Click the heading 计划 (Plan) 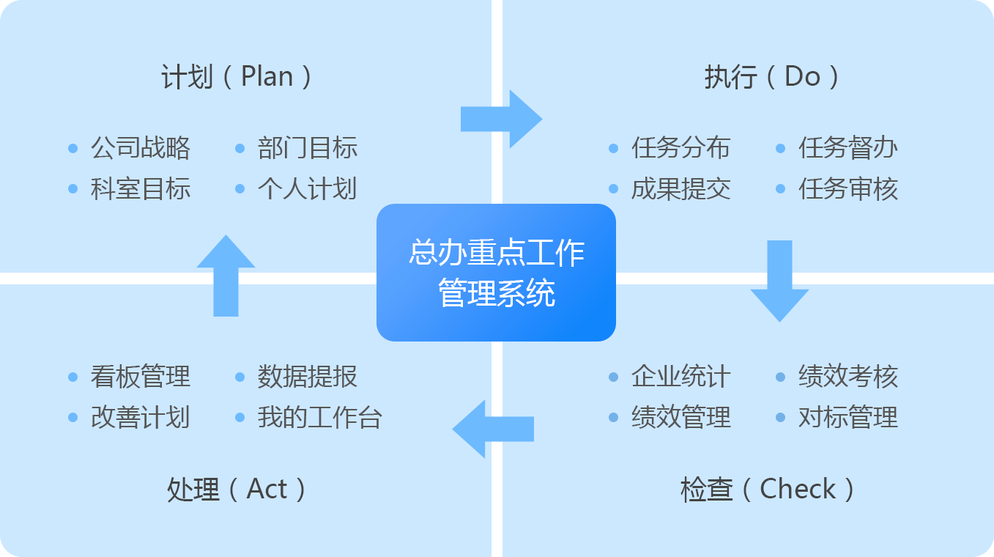236,76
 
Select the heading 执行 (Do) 771,76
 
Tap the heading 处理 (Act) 236,489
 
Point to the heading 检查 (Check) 767,489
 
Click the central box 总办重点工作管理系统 496,273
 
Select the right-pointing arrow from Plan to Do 502,119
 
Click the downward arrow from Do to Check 779,281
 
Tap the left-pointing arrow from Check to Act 493,429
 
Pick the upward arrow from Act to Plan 226,276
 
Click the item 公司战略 141,148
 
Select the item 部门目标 308,148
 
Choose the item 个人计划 308,188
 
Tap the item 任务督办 848,148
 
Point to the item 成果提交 681,188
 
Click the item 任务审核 848,188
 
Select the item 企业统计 681,377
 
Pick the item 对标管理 848,417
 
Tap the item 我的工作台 320,417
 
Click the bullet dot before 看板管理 73,377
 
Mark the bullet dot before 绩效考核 781,377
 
